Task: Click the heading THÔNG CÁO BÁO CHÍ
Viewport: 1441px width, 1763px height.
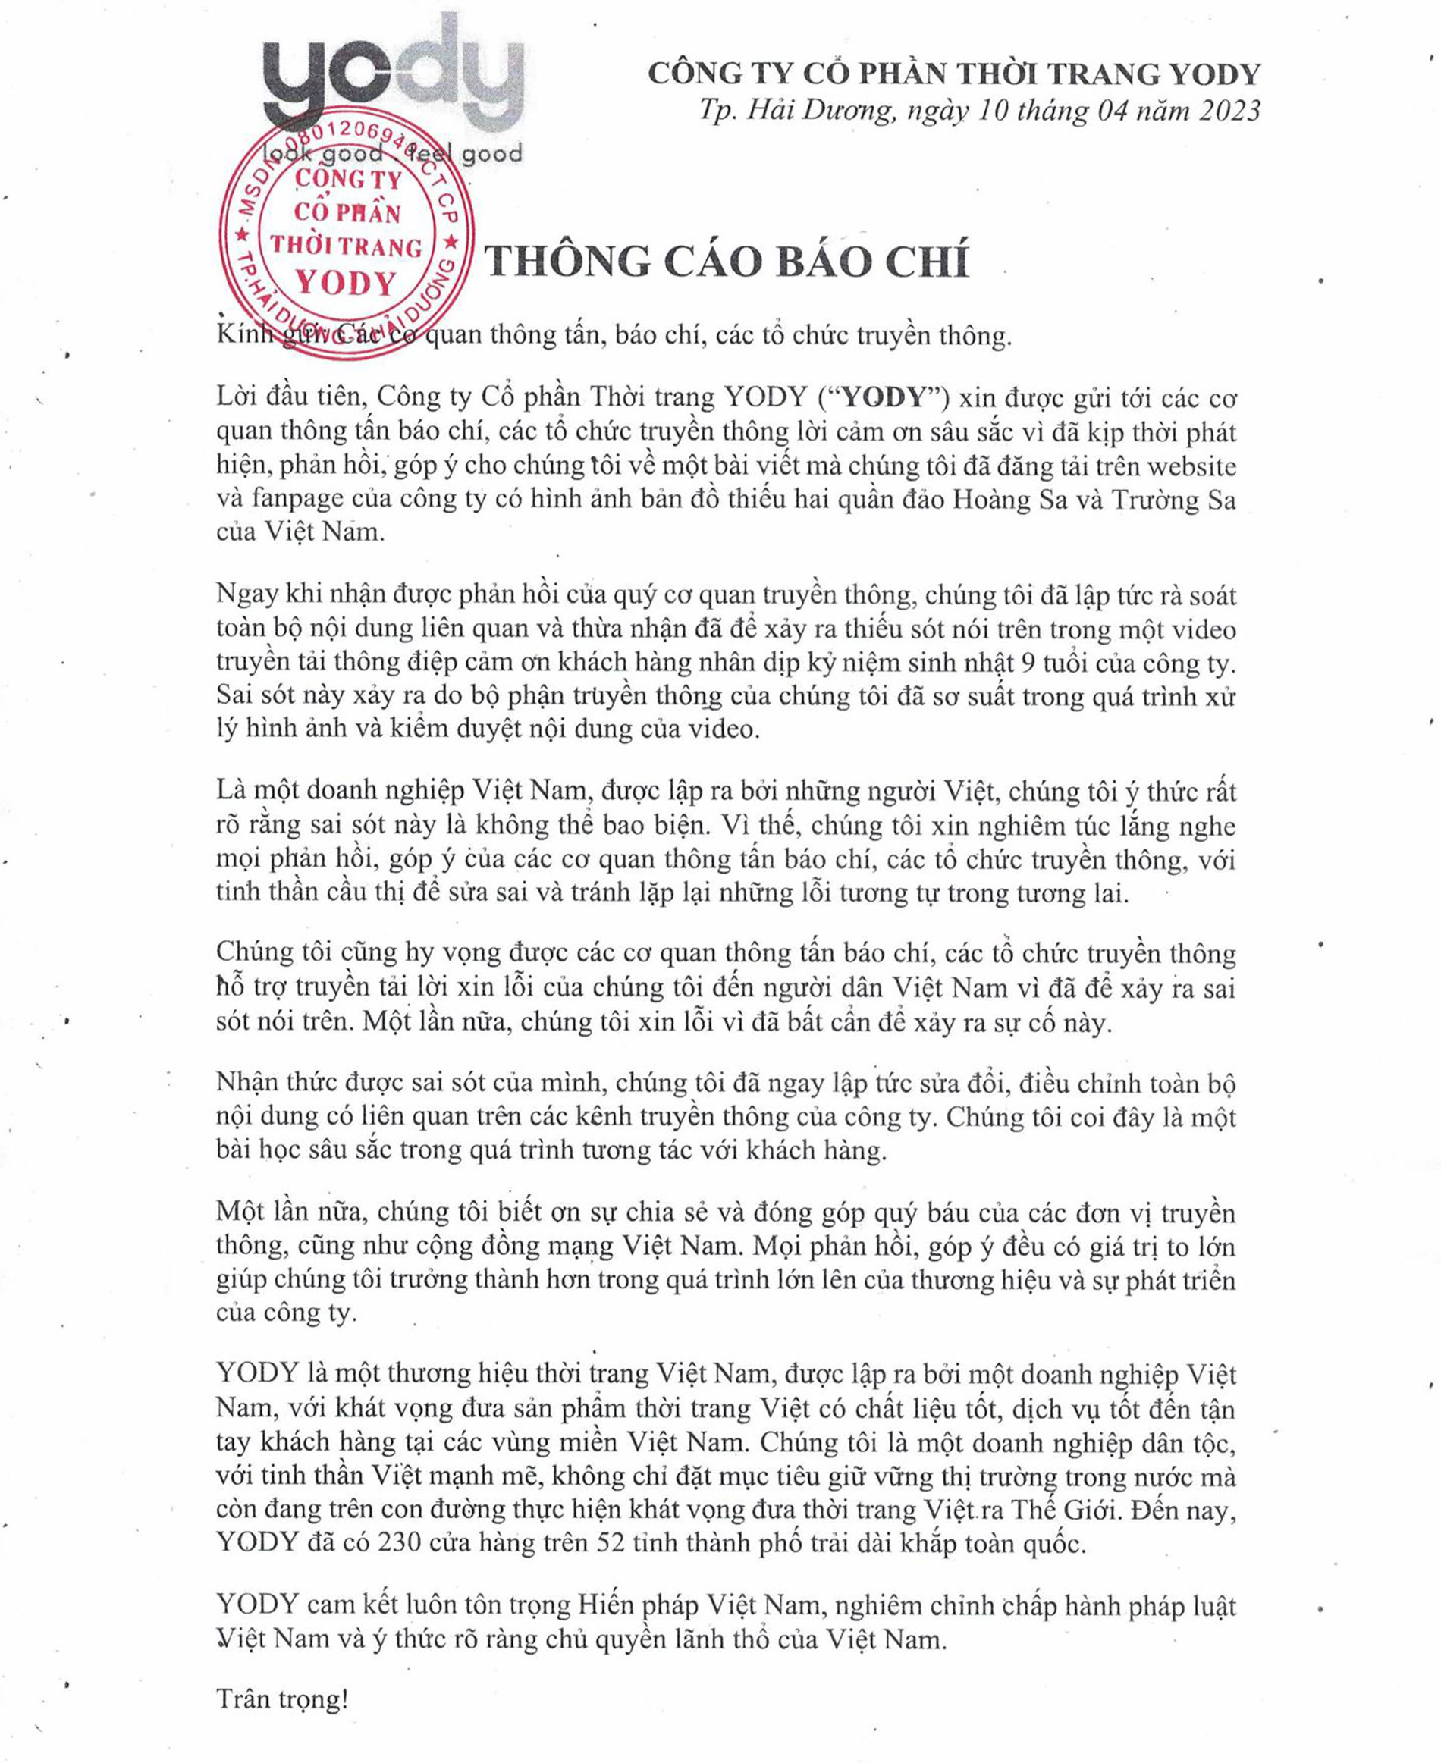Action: [727, 262]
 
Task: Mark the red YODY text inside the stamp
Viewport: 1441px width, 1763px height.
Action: [346, 284]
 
